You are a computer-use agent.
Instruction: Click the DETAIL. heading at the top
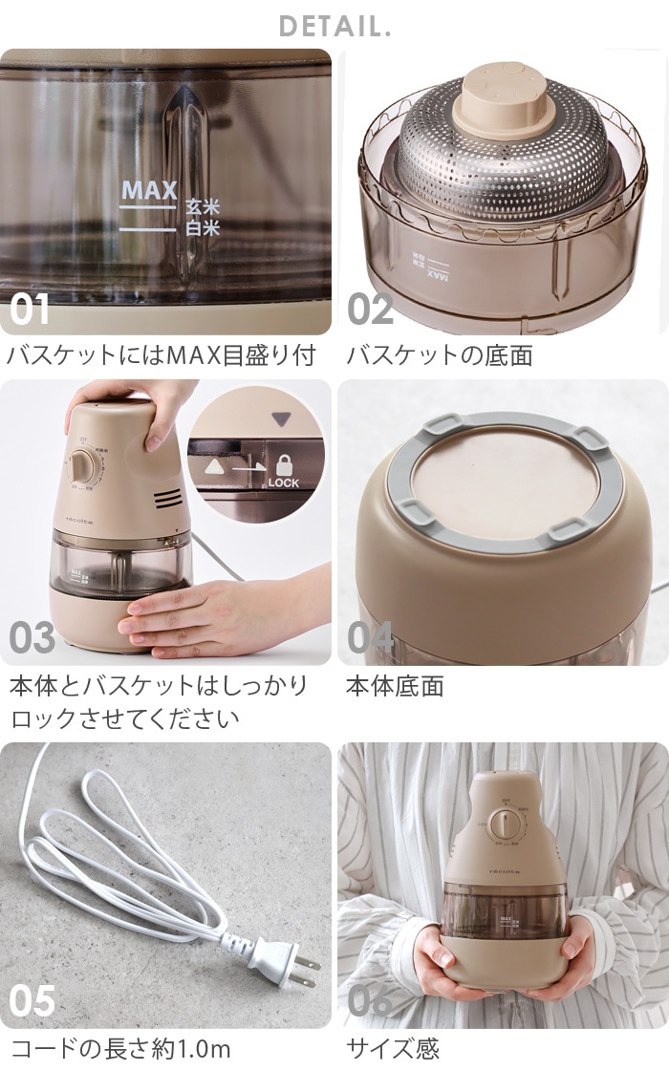(334, 26)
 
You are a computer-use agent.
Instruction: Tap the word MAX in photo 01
(149, 189)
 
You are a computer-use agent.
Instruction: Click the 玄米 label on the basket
(202, 207)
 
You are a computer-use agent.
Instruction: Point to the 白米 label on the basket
(202, 228)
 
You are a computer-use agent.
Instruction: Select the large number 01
(30, 310)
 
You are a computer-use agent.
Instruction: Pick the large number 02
(371, 310)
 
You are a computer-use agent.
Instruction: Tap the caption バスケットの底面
(439, 356)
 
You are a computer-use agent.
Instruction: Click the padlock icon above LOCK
(284, 465)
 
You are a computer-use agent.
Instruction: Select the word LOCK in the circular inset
(284, 483)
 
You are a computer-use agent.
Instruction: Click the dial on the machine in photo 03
(83, 465)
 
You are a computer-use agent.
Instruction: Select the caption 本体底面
(395, 687)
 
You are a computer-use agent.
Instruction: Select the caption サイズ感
(393, 1050)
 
